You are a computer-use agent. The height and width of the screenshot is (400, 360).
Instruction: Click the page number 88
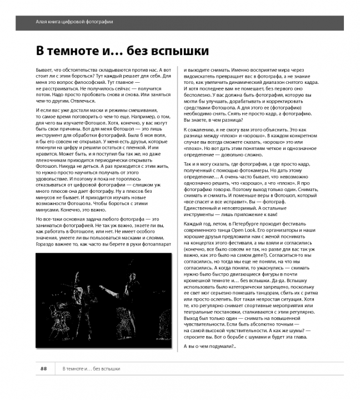(x=43, y=369)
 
